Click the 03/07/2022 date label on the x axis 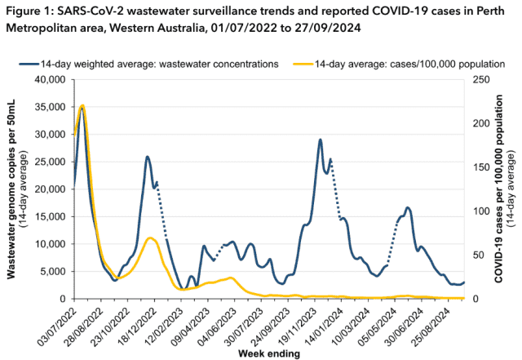[63, 324]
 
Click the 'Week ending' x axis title [268, 354]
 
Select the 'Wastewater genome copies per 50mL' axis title [14, 188]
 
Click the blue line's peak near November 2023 [321, 140]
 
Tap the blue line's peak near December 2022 [147, 157]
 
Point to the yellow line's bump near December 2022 [150, 238]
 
